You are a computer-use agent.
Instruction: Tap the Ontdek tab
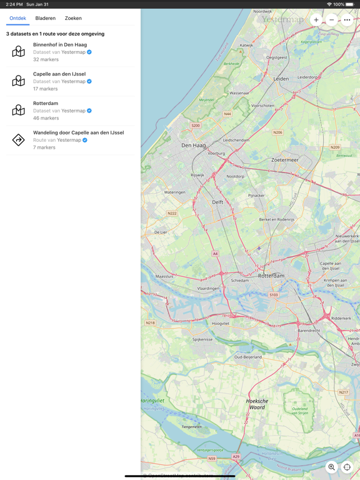[x=17, y=18]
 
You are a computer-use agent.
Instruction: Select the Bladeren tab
[x=46, y=18]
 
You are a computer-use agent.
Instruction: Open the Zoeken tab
[x=73, y=18]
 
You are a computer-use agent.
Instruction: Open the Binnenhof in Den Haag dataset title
[x=60, y=45]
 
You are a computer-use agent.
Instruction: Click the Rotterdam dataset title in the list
[x=46, y=104]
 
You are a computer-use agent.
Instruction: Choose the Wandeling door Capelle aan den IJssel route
[x=78, y=132]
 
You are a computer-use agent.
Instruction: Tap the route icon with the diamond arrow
[x=19, y=140]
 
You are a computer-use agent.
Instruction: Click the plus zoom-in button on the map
[x=316, y=20]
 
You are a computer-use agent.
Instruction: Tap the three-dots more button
[x=347, y=20]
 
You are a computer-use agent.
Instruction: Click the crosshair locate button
[x=347, y=467]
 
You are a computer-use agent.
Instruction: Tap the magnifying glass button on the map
[x=332, y=467]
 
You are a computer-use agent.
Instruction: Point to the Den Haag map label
[x=194, y=145]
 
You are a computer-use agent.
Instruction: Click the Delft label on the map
[x=217, y=202]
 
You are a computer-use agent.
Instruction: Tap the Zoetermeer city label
[x=285, y=160]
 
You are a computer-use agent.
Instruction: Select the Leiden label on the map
[x=281, y=79]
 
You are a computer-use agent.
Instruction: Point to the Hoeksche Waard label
[x=257, y=404]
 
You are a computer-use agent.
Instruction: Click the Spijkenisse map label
[x=202, y=339]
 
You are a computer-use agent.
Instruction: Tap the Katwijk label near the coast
[x=246, y=45]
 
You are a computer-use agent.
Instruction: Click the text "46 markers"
[x=46, y=118]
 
